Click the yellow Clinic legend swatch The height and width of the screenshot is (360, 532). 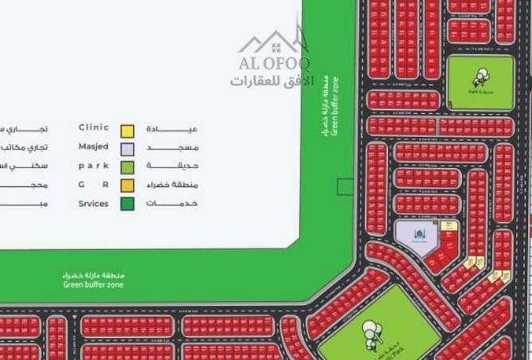click(127, 131)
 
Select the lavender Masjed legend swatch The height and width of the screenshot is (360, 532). click(127, 149)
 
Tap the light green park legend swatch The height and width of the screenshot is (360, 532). click(127, 167)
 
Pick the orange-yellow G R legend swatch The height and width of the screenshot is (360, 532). click(127, 186)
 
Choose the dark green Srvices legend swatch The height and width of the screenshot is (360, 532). click(127, 204)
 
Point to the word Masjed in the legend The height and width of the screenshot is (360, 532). click(94, 147)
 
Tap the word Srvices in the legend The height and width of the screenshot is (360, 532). click(94, 203)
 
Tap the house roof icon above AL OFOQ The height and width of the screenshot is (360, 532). click(274, 41)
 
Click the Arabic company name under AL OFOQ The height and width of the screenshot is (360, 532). click(272, 81)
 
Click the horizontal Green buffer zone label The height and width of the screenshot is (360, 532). click(94, 280)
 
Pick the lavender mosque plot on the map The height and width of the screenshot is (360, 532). click(416, 239)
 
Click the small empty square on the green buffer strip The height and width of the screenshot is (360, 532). click(344, 187)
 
